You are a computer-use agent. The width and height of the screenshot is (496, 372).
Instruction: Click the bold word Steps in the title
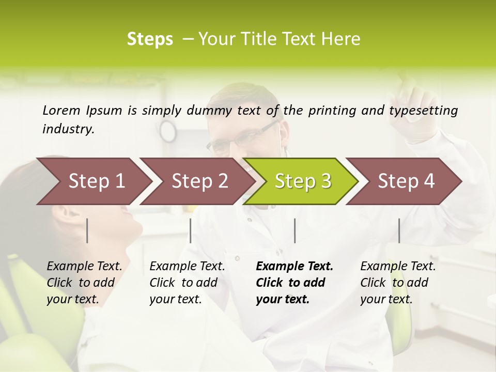click(x=150, y=39)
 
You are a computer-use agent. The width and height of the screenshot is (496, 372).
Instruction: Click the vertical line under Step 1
click(x=87, y=230)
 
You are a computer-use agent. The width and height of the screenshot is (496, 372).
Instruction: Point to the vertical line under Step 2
click(x=191, y=230)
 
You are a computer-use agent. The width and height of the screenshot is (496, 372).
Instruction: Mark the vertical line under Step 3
click(x=295, y=230)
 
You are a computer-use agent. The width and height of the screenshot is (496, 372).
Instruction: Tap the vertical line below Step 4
click(x=399, y=230)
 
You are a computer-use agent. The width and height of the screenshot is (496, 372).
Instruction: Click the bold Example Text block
click(x=293, y=283)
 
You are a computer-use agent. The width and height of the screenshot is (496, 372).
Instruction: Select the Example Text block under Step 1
click(x=84, y=283)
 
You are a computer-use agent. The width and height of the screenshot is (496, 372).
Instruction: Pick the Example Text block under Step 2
click(x=187, y=283)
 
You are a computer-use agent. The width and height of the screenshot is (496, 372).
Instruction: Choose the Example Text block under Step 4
click(x=397, y=283)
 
